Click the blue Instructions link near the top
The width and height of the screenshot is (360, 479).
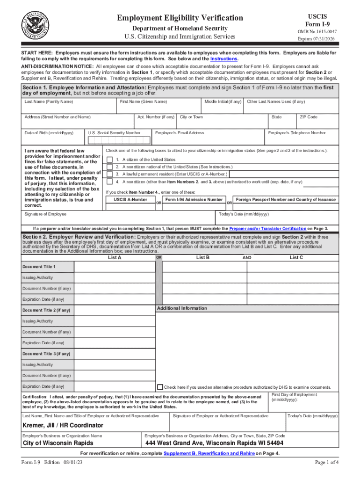(224, 59)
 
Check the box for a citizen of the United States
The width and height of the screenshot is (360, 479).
(109, 160)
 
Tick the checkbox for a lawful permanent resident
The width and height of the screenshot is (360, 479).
(109, 174)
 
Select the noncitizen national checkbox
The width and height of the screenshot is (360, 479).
(109, 167)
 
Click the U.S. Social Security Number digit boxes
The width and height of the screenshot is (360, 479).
(119, 140)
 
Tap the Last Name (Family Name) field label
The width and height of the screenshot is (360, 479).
(49, 102)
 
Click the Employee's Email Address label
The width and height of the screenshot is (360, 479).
(180, 133)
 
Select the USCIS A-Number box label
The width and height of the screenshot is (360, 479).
(131, 200)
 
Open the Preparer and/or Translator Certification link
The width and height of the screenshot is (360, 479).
(267, 229)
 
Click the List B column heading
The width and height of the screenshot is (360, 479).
(202, 258)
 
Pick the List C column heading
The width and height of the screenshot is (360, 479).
(296, 258)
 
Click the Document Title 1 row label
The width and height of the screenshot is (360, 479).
(39, 267)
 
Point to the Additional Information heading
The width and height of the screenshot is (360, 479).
(182, 308)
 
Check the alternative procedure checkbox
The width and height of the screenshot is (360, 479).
(160, 387)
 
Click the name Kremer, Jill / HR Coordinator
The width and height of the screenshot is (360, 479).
(63, 426)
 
